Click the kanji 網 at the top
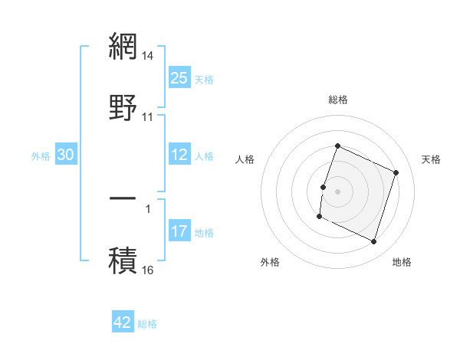123,46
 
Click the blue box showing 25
179,78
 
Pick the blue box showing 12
179,155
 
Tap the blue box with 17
179,231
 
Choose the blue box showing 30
66,155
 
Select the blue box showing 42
123,322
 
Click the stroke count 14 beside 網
148,56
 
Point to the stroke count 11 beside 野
148,117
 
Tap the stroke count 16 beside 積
148,270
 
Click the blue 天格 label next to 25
204,79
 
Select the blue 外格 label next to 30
41,155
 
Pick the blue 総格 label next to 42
147,323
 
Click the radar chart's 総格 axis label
337,100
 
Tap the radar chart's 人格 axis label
245,159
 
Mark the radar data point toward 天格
396,172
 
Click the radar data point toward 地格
374,242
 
